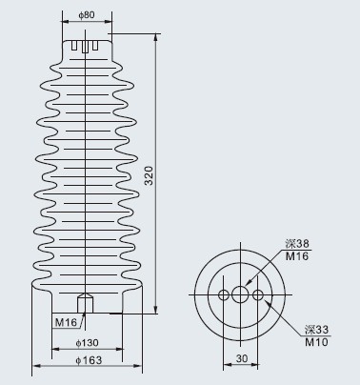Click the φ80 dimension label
87,14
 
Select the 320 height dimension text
149,175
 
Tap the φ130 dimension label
87,343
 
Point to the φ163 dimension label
89,360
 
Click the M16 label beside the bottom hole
66,322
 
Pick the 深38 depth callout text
297,244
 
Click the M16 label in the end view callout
297,256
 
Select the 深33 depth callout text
316,330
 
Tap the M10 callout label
316,342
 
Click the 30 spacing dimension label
242,358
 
